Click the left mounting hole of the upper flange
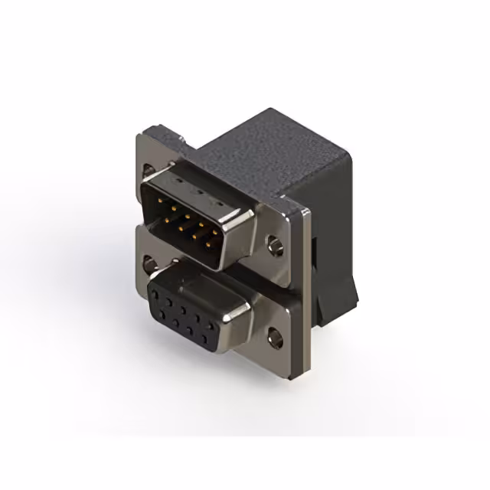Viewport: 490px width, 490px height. click(150, 170)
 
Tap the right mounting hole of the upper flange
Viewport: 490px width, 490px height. click(273, 246)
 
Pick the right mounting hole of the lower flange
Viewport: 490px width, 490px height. click(273, 335)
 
